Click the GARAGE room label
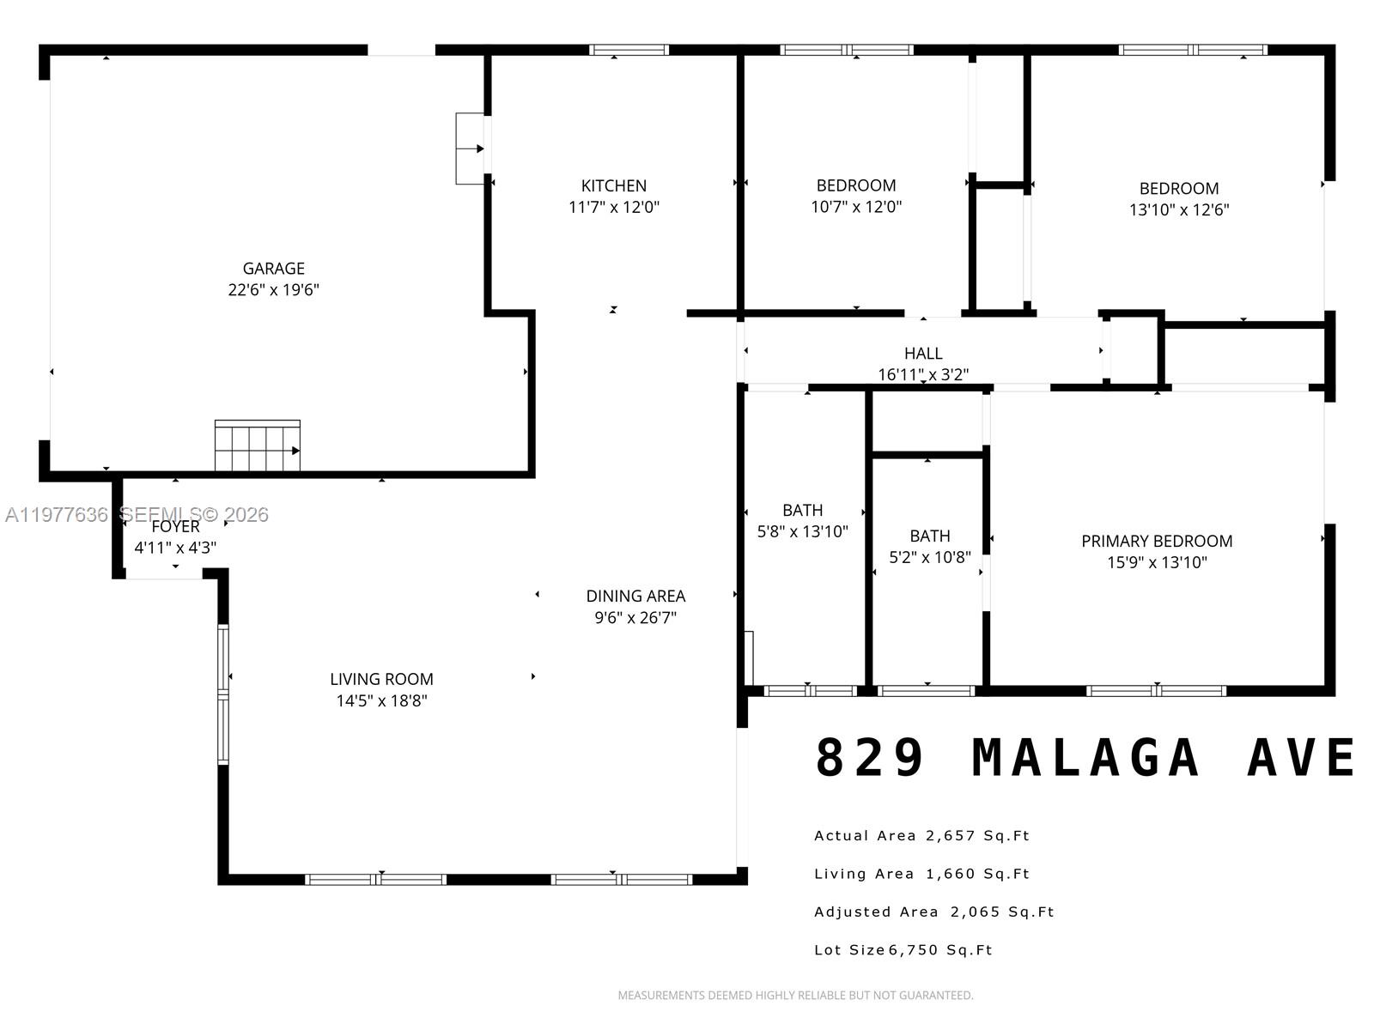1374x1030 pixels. (x=273, y=269)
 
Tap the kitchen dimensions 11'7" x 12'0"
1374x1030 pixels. (x=613, y=207)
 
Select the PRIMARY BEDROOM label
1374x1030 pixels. (x=1157, y=541)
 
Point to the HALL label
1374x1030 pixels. (x=923, y=353)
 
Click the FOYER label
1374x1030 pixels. (x=176, y=526)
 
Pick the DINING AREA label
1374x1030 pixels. (x=635, y=596)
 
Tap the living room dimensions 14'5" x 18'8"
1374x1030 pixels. (x=381, y=700)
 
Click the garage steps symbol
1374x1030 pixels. (x=257, y=446)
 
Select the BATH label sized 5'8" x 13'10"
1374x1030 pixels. (x=802, y=510)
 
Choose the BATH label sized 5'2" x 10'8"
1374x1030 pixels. (x=930, y=536)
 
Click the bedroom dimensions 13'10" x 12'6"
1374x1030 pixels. (x=1179, y=209)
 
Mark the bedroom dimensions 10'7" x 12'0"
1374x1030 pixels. (x=856, y=207)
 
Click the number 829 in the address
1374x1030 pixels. (x=870, y=758)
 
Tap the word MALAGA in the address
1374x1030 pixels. (x=1085, y=758)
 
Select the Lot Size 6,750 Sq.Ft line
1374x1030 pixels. (x=903, y=950)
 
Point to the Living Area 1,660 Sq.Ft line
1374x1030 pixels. (x=921, y=874)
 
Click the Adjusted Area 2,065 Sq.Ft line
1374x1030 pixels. (x=933, y=912)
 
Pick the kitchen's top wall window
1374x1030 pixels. (x=629, y=50)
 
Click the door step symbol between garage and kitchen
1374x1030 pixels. (x=470, y=148)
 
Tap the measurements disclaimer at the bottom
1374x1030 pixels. (x=795, y=996)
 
